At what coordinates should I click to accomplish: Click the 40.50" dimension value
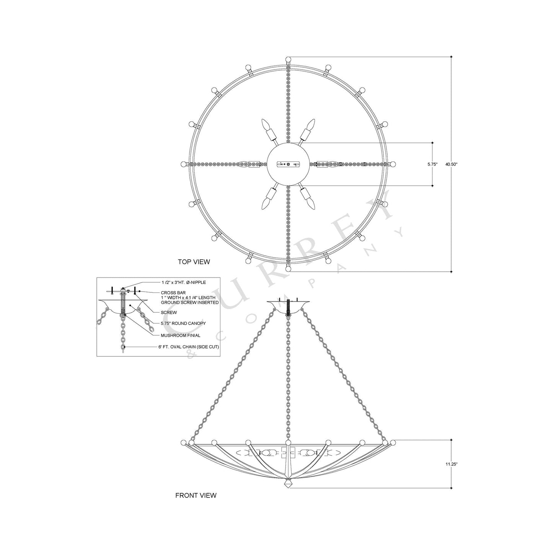(452, 164)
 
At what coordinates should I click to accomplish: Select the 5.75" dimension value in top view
(432, 164)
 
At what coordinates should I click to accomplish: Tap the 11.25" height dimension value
(452, 464)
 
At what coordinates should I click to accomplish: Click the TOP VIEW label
(194, 262)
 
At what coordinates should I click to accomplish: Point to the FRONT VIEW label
(196, 495)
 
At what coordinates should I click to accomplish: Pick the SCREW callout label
(168, 313)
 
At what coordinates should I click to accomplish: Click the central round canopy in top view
(288, 164)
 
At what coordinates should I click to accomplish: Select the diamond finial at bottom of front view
(288, 484)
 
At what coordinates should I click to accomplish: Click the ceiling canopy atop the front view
(288, 304)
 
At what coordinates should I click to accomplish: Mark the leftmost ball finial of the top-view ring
(183, 164)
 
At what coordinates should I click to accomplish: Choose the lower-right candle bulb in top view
(312, 204)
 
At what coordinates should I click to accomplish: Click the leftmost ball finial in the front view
(183, 442)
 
